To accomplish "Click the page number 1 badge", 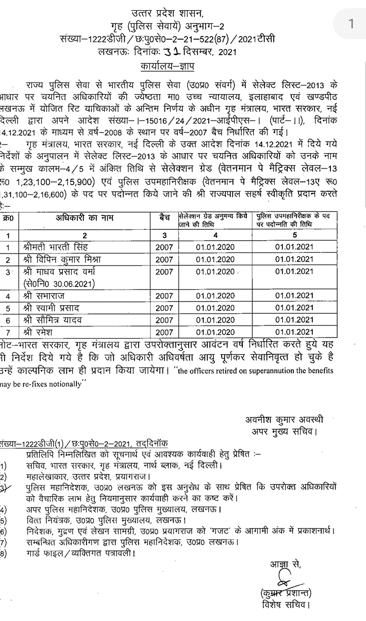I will [352, 23].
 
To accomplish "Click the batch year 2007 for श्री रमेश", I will [164, 332].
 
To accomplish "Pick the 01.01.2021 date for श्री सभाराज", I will [294, 296].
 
